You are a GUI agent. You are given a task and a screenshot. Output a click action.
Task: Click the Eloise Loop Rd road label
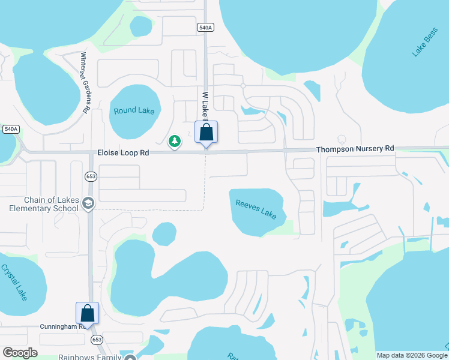click(123, 154)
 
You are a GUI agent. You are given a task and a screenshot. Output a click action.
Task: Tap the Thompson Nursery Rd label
click(355, 148)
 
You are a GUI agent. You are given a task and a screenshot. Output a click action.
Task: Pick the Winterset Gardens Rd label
click(85, 83)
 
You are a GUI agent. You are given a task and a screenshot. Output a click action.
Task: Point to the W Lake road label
click(205, 106)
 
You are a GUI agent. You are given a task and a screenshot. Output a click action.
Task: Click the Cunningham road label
click(60, 327)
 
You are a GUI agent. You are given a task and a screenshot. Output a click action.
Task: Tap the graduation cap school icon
click(88, 204)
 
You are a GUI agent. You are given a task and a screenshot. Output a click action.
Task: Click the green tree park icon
click(175, 142)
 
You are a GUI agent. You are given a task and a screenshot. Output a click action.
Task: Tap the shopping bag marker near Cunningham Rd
click(87, 313)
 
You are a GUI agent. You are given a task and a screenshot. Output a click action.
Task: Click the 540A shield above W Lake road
click(205, 27)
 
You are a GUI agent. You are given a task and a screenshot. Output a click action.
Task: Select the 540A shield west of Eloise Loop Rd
click(11, 129)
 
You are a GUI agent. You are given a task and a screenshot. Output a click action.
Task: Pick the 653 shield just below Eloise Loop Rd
click(91, 176)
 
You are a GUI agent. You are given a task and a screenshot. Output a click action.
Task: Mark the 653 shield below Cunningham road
click(96, 339)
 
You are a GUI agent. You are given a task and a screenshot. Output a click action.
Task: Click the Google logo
click(20, 353)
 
